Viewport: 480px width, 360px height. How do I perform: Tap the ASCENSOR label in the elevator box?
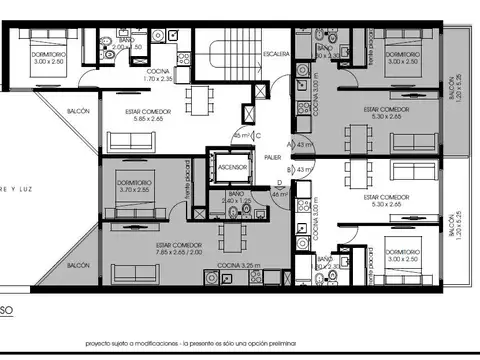(231, 167)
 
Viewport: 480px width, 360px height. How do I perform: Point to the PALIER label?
(272, 156)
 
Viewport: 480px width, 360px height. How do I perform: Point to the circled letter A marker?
(289, 144)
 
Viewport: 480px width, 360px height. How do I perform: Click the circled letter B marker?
(289, 170)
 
